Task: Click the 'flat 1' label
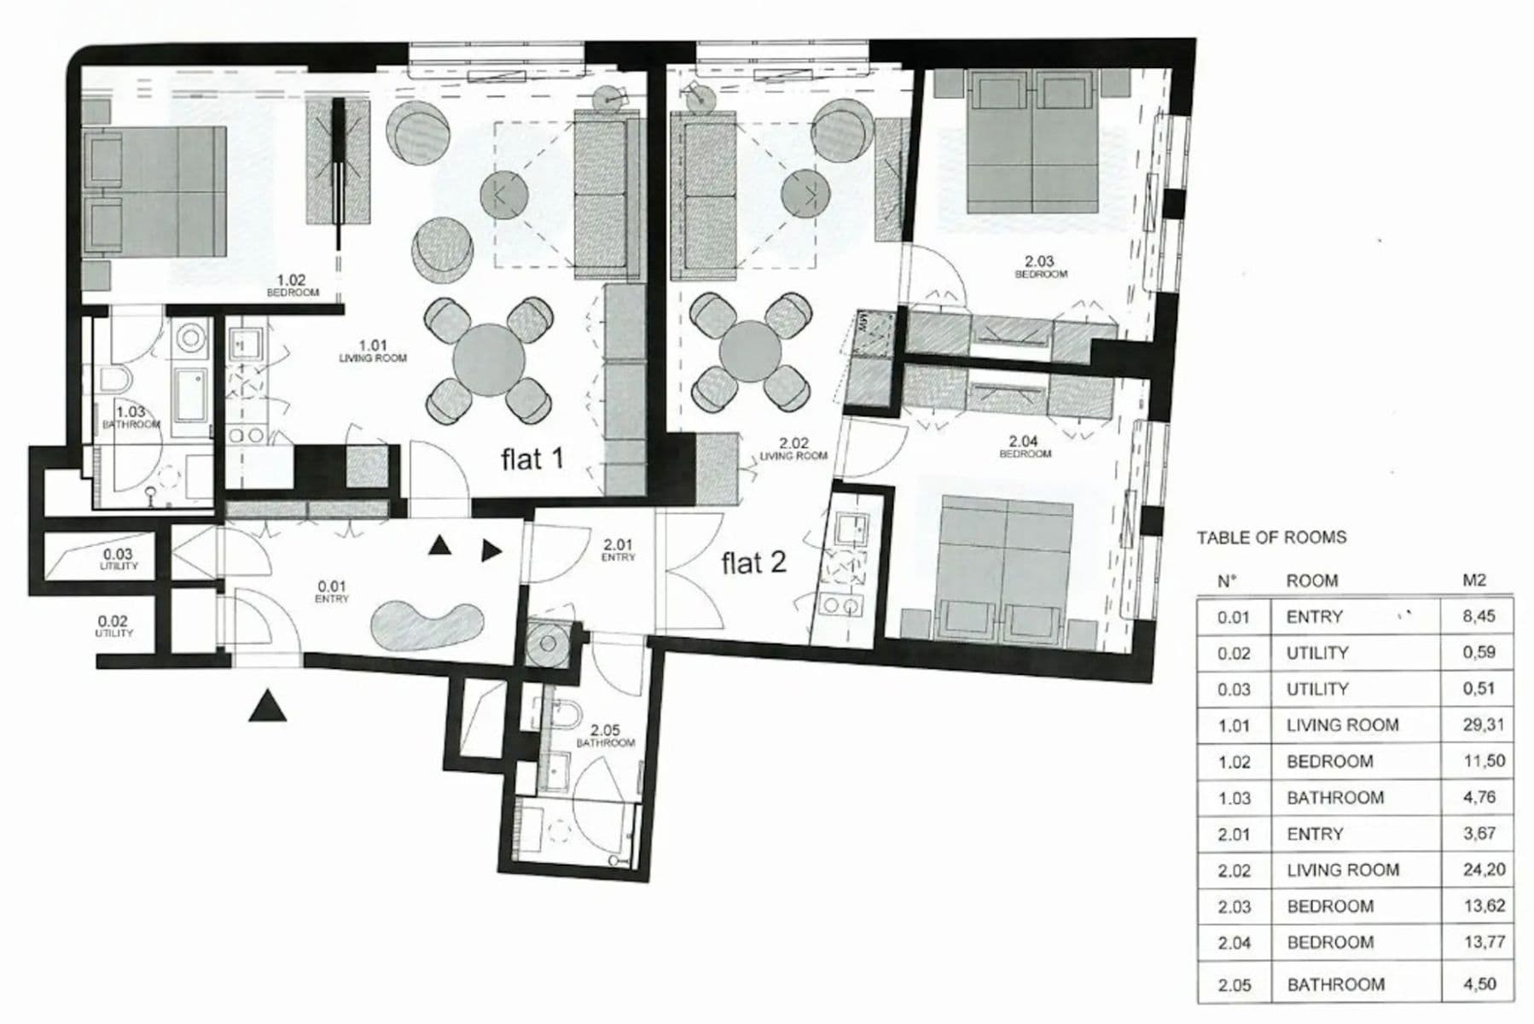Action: [x=532, y=459]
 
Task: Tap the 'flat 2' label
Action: [x=752, y=563]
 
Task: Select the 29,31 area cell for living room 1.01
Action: [x=1484, y=724]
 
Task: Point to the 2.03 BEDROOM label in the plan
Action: [x=1039, y=266]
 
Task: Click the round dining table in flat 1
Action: [x=488, y=360]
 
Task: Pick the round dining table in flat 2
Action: [x=750, y=351]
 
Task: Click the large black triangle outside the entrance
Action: [x=267, y=707]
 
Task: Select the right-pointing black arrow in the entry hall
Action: [x=491, y=550]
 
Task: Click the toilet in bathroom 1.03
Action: [x=114, y=381]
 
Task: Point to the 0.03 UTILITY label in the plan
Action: [x=118, y=559]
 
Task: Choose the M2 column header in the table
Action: [x=1473, y=580]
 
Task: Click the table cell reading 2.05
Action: [x=1234, y=985]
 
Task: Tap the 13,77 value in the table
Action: [x=1484, y=942]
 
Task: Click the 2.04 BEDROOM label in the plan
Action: [x=1023, y=446]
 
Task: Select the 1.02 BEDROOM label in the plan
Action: [x=292, y=285]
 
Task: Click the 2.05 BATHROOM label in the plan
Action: [x=605, y=736]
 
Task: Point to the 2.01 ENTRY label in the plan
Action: [x=617, y=550]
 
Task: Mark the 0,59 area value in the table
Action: [x=1479, y=652]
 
